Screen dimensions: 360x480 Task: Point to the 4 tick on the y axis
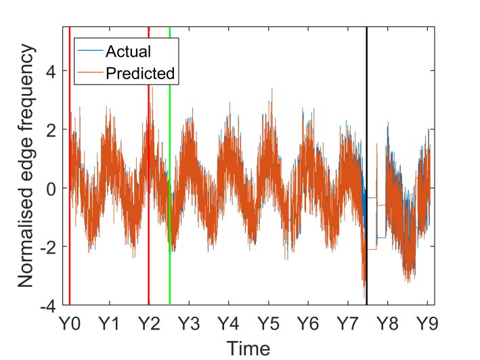[51, 71]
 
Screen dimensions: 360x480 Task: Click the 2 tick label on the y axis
[51, 130]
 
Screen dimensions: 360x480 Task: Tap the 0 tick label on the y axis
[51, 188]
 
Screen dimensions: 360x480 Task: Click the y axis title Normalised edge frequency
[26, 166]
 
